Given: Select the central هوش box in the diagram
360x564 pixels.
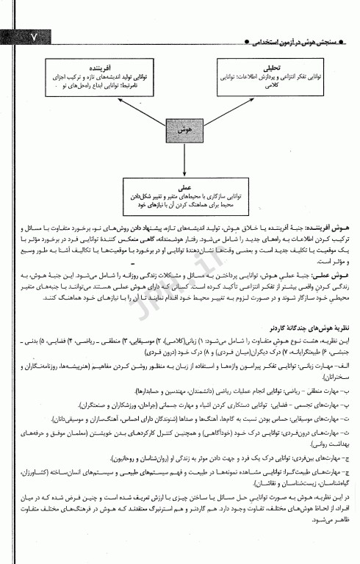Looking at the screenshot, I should tap(180, 128).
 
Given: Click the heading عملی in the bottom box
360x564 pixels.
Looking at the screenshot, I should tap(180, 188).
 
